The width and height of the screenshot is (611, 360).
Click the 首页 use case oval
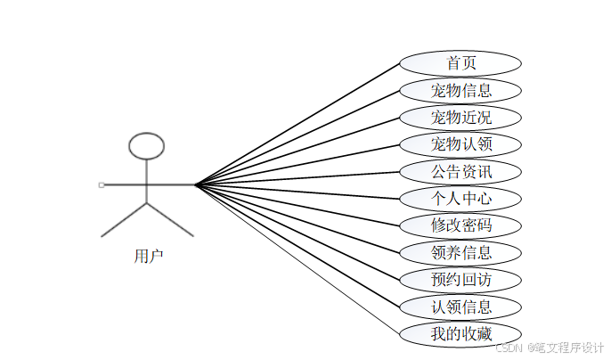tap(460, 63)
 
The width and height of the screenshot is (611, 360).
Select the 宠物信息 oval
tap(460, 90)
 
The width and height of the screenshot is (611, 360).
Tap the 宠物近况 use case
tap(460, 118)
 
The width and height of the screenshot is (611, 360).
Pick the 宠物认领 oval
tap(460, 144)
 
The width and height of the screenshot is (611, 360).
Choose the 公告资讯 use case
tap(460, 171)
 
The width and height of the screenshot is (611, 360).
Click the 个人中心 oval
tap(460, 198)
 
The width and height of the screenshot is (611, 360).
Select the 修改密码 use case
tap(460, 225)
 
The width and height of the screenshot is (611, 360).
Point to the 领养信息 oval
tap(460, 252)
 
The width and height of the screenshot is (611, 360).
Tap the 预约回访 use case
tap(460, 280)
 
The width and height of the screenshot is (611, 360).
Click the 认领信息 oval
tap(460, 307)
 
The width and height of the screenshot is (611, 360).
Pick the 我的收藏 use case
tap(460, 334)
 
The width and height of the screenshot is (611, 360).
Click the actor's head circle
tap(147, 145)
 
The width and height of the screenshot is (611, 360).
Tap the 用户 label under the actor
tap(148, 257)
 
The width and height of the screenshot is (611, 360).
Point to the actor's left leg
tap(124, 219)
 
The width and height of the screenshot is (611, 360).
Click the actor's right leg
tap(170, 219)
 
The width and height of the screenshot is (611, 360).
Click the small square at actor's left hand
tap(102, 184)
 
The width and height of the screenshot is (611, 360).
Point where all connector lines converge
tap(195, 184)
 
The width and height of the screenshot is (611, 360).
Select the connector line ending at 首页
tap(297, 124)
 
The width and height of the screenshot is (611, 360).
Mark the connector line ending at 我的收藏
tap(297, 259)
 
